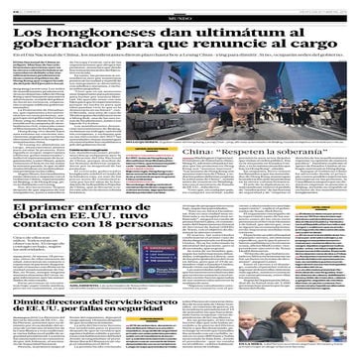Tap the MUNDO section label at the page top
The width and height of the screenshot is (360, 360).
[x=180, y=12]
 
